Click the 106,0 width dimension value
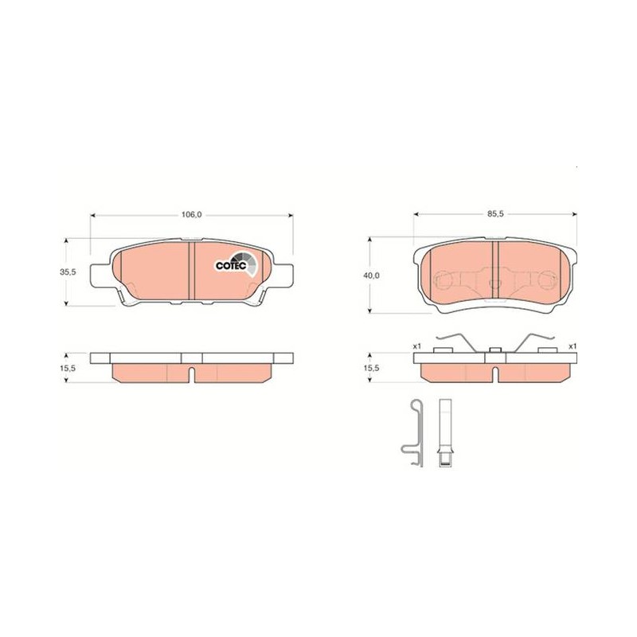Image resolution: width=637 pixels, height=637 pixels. point(191,215)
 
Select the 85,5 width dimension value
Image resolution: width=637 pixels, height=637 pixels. point(495,214)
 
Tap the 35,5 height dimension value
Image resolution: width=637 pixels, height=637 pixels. point(68,272)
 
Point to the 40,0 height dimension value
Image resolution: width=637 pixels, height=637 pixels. point(372,276)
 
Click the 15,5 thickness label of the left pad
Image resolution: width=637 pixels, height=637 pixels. point(68,368)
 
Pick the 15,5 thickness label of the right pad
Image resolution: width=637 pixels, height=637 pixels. point(372,368)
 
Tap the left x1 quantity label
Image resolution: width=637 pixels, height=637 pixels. point(416,346)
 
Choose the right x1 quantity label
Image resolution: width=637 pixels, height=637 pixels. point(573,346)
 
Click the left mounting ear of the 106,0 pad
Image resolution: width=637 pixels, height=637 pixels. point(100,275)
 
